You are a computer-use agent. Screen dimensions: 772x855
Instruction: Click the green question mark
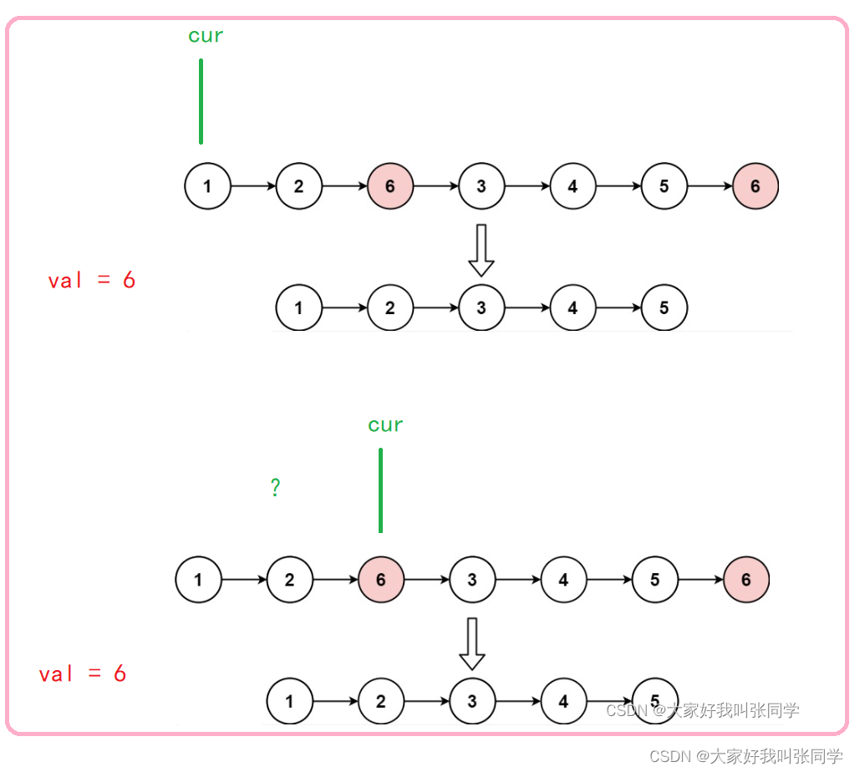click(x=275, y=488)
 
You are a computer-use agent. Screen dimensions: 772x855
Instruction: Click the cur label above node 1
click(x=206, y=36)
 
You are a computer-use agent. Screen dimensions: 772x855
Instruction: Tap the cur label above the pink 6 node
click(x=385, y=425)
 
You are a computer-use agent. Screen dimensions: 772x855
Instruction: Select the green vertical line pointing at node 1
click(x=201, y=101)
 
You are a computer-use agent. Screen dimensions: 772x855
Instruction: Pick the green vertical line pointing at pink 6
click(x=380, y=490)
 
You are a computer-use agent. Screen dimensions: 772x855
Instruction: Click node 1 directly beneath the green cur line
click(x=207, y=186)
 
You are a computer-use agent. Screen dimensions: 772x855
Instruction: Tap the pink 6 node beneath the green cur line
click(x=381, y=579)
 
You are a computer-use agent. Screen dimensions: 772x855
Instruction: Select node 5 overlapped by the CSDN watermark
click(x=655, y=701)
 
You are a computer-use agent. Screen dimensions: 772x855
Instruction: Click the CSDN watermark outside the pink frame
click(x=746, y=756)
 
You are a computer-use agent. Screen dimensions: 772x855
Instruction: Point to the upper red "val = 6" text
click(x=92, y=281)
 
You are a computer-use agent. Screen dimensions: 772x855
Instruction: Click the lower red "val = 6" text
click(x=83, y=674)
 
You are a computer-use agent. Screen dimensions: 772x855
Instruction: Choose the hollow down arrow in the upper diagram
click(x=481, y=250)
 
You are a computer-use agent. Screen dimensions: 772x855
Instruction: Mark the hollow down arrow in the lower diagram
click(x=472, y=643)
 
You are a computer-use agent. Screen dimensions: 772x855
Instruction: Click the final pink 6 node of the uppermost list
click(x=756, y=186)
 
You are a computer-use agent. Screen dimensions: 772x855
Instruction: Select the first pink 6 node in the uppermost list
click(x=390, y=186)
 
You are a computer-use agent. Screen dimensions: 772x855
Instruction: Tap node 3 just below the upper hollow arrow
click(x=481, y=307)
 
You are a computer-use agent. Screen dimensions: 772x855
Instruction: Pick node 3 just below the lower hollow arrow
click(x=472, y=701)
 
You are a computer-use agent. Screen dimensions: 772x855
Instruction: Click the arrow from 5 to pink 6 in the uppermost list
click(x=710, y=186)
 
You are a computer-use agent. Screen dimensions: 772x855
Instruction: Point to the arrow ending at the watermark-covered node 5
click(x=609, y=701)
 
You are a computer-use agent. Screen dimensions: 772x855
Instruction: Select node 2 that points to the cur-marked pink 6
click(x=290, y=579)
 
